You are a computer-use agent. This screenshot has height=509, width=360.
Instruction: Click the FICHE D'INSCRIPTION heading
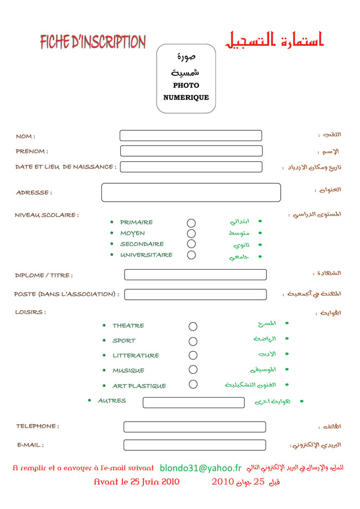(x=92, y=42)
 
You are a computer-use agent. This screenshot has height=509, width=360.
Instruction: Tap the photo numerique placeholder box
(x=186, y=79)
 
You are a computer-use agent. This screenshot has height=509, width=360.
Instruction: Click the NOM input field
(x=191, y=136)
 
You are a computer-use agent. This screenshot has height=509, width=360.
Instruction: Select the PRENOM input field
(x=191, y=151)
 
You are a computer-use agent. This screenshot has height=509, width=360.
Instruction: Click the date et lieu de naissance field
(x=191, y=167)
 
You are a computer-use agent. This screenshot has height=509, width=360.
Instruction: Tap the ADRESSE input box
(x=191, y=192)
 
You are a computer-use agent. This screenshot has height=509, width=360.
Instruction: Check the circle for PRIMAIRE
(x=191, y=223)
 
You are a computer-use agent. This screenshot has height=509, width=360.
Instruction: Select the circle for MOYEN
(x=191, y=234)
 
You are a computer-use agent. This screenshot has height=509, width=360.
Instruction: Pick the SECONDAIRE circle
(x=191, y=244)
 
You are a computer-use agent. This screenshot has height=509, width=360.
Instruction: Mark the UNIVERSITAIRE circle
(x=191, y=255)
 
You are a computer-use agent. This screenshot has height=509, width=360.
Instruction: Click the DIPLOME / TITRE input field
(x=195, y=275)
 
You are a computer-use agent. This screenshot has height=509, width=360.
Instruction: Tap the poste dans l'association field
(x=195, y=294)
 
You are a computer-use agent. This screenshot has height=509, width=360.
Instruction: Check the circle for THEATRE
(x=193, y=327)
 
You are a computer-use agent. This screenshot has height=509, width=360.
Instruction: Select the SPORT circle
(x=193, y=341)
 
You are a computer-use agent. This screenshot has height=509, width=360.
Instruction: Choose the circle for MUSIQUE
(x=193, y=370)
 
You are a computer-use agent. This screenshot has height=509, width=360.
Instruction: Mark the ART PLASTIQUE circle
(x=193, y=384)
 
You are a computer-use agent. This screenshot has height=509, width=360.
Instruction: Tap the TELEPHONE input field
(x=194, y=427)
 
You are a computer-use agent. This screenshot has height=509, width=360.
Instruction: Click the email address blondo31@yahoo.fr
(x=200, y=469)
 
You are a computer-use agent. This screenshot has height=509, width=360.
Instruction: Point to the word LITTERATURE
(x=136, y=356)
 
